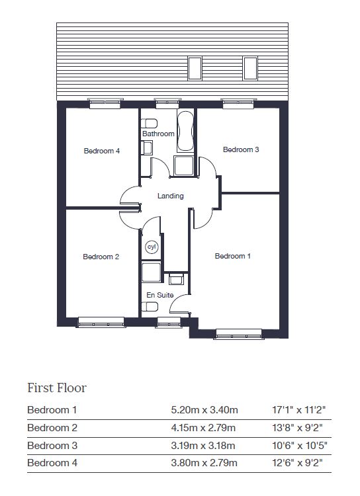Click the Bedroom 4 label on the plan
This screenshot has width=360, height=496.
point(102,151)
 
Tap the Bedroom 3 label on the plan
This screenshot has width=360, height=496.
point(241,149)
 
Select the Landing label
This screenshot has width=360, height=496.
point(170,196)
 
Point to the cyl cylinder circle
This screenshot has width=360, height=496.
point(152,247)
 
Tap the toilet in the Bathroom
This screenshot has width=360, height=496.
point(149,123)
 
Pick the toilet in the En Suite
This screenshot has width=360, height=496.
point(150,306)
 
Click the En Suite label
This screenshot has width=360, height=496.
point(160,295)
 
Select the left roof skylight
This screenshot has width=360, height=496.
point(195,68)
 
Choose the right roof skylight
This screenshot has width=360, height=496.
point(250,68)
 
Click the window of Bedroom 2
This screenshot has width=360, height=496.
point(101,322)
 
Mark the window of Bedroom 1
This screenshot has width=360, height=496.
point(239,334)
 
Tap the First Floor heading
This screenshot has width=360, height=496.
point(57,388)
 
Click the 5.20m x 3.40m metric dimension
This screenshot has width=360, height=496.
point(204,410)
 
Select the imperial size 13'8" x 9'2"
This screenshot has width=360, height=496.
point(297,428)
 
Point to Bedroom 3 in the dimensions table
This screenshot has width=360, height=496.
point(52,445)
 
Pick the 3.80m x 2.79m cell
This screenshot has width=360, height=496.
point(204,463)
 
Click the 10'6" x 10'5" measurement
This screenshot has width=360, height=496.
point(300,445)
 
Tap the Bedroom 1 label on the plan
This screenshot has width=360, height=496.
point(233,256)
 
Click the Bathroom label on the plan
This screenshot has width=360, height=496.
point(158,134)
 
